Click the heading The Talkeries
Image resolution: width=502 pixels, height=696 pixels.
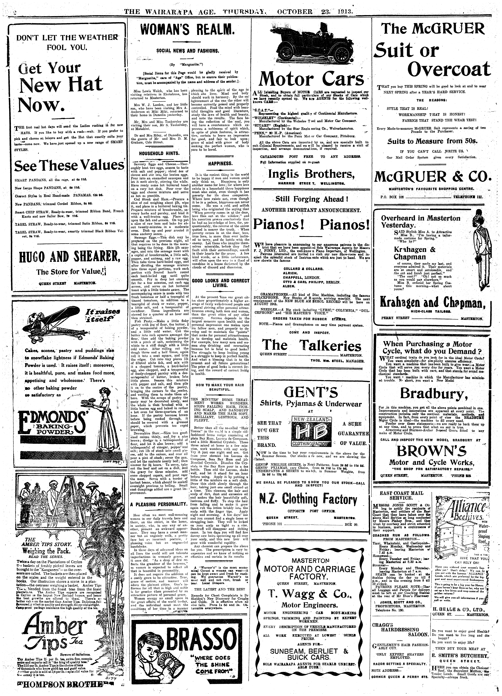[x=311, y=345]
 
